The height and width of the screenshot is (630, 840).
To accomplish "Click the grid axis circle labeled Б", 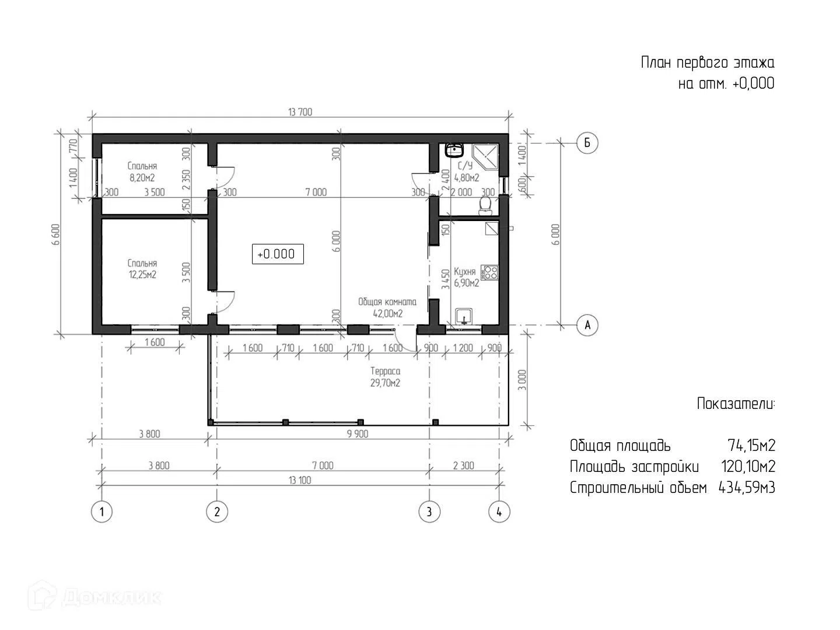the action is point(587,143).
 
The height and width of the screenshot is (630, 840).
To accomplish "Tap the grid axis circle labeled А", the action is point(587,325).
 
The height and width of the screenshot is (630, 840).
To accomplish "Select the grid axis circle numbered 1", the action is point(101,512).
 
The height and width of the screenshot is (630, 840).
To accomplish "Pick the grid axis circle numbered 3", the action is point(429,512).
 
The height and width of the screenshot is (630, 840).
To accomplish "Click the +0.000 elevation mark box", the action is point(278,254).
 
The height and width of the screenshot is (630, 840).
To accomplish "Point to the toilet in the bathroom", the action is point(486,205).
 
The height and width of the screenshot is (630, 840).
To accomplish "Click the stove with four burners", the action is point(489,273).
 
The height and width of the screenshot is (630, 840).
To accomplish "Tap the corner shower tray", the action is point(485,157).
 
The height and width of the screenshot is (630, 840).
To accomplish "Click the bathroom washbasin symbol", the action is point(454,150).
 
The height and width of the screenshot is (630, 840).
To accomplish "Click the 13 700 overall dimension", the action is point(300,112).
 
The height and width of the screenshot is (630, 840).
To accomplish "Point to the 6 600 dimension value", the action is point(56,234).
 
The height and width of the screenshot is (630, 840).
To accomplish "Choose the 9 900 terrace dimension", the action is point(358,434).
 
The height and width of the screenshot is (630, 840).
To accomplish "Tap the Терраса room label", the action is point(386,371).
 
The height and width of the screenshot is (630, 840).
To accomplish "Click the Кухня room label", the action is point(464,272).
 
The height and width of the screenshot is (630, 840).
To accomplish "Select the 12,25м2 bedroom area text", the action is point(142,275).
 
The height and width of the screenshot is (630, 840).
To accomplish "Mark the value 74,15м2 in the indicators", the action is point(751,446).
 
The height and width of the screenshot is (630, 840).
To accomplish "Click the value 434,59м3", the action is point(747,488).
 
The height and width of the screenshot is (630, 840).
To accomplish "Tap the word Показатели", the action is point(736,404).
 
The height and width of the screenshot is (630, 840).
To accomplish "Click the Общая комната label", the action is point(387,302).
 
